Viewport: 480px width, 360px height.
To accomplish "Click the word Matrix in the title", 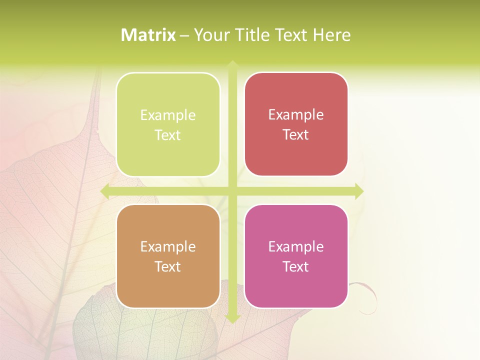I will coord(148,35).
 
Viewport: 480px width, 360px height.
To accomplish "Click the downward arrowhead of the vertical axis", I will coord(232,319).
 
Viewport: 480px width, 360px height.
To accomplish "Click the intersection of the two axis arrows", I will coord(232,191).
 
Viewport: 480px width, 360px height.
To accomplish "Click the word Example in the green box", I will coord(168,115).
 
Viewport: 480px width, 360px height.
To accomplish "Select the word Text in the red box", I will coord(295,135).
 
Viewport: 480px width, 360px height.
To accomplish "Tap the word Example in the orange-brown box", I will coord(168,247).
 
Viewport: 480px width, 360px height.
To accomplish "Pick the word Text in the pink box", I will coord(295,267).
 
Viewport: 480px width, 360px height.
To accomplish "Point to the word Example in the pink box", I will coord(296,247).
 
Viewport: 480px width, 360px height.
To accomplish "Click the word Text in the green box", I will coord(167,135).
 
